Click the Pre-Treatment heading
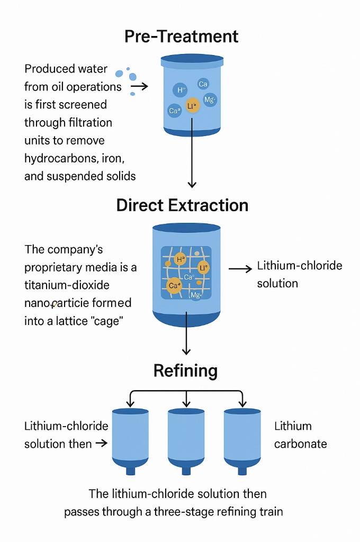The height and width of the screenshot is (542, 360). click(x=182, y=36)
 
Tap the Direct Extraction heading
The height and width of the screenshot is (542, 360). click(x=182, y=205)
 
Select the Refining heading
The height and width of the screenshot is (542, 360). click(x=185, y=371)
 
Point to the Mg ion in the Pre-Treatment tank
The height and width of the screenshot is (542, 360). click(x=210, y=100)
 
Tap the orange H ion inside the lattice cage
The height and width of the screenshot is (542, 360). click(x=180, y=259)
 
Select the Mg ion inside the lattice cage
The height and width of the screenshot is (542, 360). click(x=195, y=295)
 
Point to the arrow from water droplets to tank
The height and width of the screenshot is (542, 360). click(x=139, y=86)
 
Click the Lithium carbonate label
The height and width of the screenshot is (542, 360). click(x=300, y=435)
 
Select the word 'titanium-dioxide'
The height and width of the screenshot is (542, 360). click(x=67, y=285)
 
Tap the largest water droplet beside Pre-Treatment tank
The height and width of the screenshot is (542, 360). click(x=119, y=74)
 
